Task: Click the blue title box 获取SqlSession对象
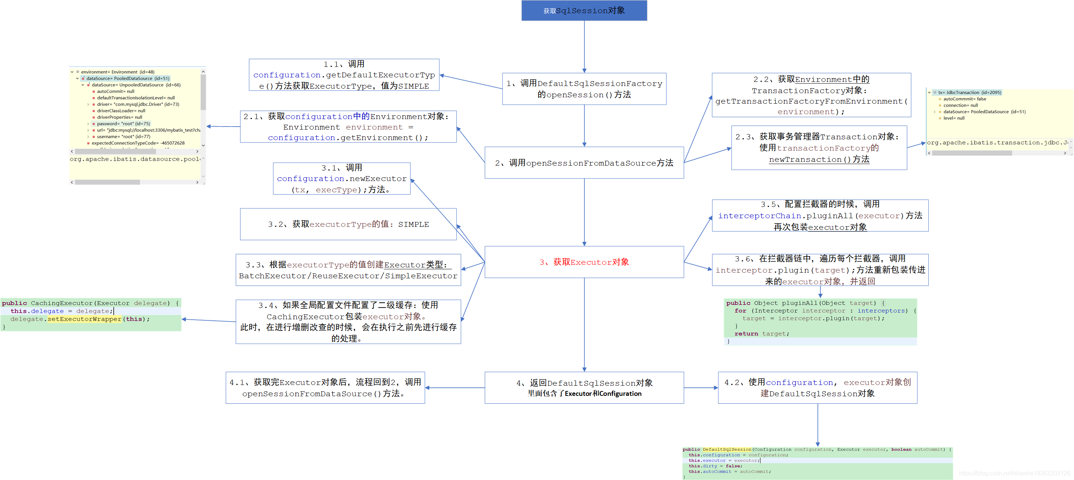(x=584, y=11)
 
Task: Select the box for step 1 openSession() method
(x=584, y=89)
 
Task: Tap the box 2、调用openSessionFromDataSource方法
(x=584, y=163)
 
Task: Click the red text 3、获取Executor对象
(x=584, y=262)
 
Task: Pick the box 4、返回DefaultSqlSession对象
(x=584, y=388)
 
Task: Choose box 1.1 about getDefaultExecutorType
(x=344, y=75)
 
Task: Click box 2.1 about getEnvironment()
(x=348, y=127)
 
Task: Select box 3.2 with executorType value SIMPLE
(x=348, y=224)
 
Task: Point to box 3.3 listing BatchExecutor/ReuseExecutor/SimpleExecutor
(x=348, y=270)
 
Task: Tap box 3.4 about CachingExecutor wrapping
(x=348, y=322)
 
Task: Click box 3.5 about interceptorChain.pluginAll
(x=820, y=215)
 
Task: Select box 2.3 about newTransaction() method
(x=819, y=148)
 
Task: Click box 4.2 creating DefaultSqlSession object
(x=817, y=388)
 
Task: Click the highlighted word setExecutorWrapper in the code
(x=84, y=319)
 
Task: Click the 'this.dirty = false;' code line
(x=715, y=466)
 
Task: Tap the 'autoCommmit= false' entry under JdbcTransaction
(x=964, y=99)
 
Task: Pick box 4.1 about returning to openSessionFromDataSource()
(x=325, y=388)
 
